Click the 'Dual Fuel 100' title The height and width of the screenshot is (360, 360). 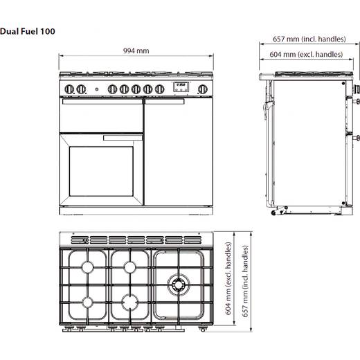[28, 31]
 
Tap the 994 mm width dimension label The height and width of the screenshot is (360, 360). [136, 51]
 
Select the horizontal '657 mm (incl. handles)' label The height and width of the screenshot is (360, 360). [309, 39]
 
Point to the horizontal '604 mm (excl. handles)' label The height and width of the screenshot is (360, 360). [306, 55]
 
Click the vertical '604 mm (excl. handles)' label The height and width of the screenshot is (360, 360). [228, 278]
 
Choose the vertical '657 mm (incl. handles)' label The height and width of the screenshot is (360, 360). [245, 281]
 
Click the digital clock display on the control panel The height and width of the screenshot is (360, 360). [181, 87]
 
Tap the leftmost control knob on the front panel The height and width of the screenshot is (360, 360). [69, 89]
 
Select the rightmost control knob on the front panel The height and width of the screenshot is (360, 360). [202, 89]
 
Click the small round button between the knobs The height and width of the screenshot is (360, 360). [97, 89]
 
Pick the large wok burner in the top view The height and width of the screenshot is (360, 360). [179, 285]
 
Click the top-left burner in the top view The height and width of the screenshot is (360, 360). [88, 267]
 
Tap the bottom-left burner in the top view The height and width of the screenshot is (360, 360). [88, 303]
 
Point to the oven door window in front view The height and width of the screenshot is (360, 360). [101, 171]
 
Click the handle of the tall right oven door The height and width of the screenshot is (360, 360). [165, 102]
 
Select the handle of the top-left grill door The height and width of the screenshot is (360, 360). [102, 102]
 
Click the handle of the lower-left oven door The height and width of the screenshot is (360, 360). [123, 138]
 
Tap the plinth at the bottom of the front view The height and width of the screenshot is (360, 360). [136, 210]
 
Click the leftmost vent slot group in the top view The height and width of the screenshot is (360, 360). [80, 240]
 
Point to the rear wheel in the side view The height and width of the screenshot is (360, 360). [273, 213]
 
